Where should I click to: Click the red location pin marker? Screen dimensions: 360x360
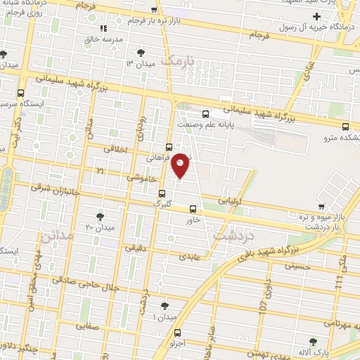[180, 165]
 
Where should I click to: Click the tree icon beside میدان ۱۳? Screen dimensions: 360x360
[141, 53]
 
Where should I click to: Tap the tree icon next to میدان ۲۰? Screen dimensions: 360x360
[101, 216]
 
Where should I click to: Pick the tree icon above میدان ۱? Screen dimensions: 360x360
[165, 306]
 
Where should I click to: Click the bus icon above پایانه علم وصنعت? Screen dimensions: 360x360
[205, 114]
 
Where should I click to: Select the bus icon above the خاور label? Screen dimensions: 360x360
[193, 209]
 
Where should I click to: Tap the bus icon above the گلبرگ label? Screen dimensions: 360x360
[162, 193]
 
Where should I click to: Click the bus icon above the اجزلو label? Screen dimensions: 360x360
[176, 333]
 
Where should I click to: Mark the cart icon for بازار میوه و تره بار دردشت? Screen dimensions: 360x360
[321, 207]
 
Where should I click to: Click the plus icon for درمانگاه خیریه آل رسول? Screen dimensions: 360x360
[316, 17]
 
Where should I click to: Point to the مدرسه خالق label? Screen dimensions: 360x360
[104, 39]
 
